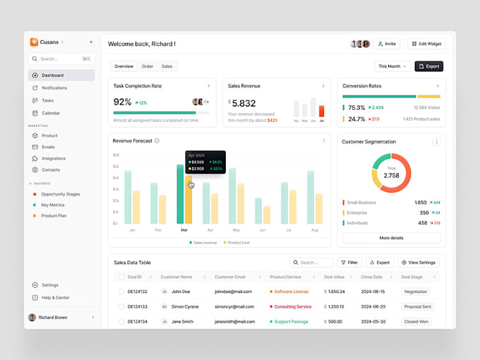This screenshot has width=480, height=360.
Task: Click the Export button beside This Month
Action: [x=428, y=66]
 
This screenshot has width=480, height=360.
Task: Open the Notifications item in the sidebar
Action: [x=54, y=88]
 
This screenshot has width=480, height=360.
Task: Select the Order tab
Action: [x=147, y=66]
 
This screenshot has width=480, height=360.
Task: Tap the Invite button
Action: [x=387, y=44]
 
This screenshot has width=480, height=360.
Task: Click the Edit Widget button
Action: [x=426, y=44]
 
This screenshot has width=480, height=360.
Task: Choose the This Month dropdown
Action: [x=392, y=66]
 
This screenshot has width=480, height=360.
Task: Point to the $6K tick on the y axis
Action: [x=116, y=155]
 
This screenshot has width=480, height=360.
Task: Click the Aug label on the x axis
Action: [x=314, y=230]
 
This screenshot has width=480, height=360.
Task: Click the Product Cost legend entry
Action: [x=236, y=242]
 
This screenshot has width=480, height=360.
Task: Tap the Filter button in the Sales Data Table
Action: [x=349, y=263]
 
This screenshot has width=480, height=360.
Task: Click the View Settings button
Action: [x=419, y=263]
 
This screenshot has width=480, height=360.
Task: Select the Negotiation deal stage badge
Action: [x=415, y=292]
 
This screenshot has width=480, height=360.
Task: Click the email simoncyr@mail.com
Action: [x=234, y=307]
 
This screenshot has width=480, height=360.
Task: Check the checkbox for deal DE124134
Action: [x=121, y=322]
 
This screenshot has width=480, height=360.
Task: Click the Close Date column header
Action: [x=372, y=277]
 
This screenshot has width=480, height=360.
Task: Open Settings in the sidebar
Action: [x=49, y=285]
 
